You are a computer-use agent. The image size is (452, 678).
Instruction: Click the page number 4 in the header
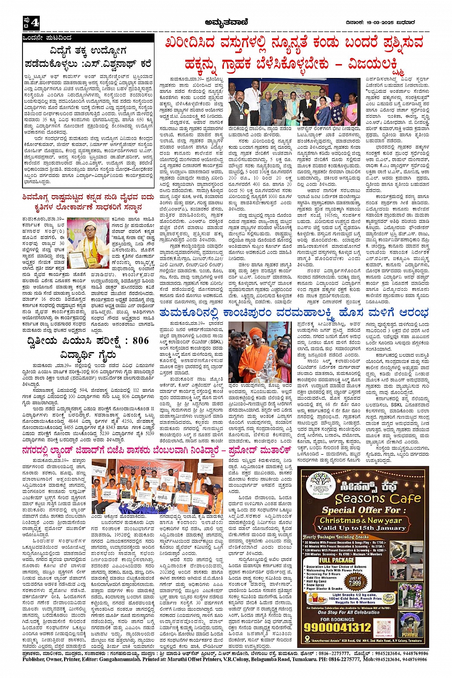34,22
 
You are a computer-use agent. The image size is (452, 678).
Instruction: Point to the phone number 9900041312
338,627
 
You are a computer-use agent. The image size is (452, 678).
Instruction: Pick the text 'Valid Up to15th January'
361,528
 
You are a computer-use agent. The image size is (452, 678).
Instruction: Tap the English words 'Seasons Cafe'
371,499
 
